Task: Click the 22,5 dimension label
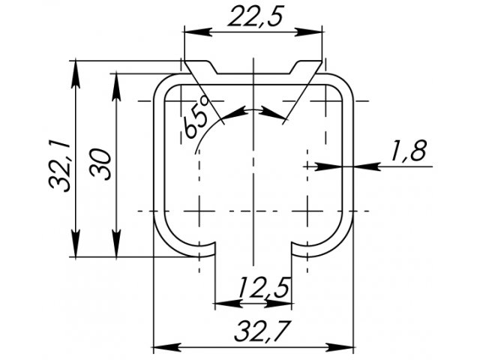point(255,16)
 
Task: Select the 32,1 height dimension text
point(60,166)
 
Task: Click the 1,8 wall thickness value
point(408,150)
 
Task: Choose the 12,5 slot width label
point(264,288)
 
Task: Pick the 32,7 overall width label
point(261,331)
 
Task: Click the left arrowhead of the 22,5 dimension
point(198,31)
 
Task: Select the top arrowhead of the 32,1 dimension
point(76,74)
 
